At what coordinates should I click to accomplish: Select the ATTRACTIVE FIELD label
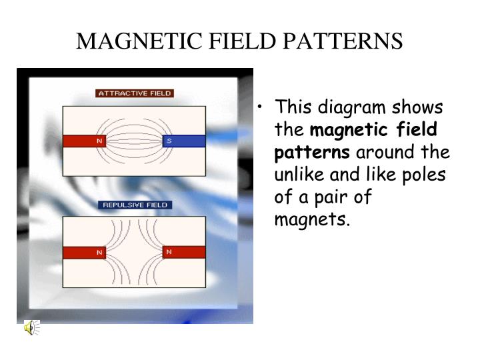point(135,93)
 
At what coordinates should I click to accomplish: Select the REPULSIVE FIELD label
point(135,205)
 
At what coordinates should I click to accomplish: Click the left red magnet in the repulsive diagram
point(85,252)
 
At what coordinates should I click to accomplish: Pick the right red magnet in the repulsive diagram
point(184,252)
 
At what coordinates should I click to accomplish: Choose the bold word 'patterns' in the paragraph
point(312,153)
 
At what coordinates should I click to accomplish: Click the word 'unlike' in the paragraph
point(299,175)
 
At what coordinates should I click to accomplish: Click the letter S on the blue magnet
point(169,141)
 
